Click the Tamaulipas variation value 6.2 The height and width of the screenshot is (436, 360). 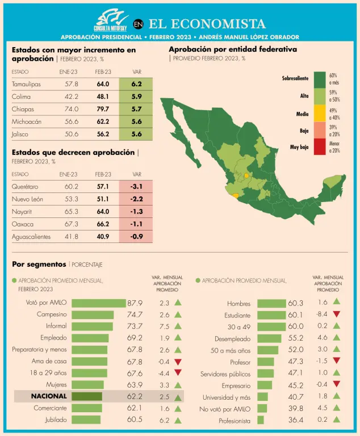136,84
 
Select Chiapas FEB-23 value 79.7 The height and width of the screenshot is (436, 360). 103,109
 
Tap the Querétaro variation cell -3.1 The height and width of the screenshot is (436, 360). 136,186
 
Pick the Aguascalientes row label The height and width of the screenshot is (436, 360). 31,236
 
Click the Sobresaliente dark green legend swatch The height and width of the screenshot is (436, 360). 319,78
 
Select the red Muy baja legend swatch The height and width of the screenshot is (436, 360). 319,147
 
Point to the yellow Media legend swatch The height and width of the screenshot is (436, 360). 319,114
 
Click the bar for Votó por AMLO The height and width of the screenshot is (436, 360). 98,303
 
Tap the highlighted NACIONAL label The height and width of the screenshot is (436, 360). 49,396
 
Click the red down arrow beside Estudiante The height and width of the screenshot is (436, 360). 336,315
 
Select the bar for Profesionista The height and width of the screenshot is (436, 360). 261,420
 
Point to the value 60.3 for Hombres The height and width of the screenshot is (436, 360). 296,303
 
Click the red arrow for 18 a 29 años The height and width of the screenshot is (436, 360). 178,373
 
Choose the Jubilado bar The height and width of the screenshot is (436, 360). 86,420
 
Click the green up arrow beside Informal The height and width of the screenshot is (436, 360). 178,326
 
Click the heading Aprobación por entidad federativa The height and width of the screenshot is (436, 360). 233,49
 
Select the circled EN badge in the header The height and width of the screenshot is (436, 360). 138,24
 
